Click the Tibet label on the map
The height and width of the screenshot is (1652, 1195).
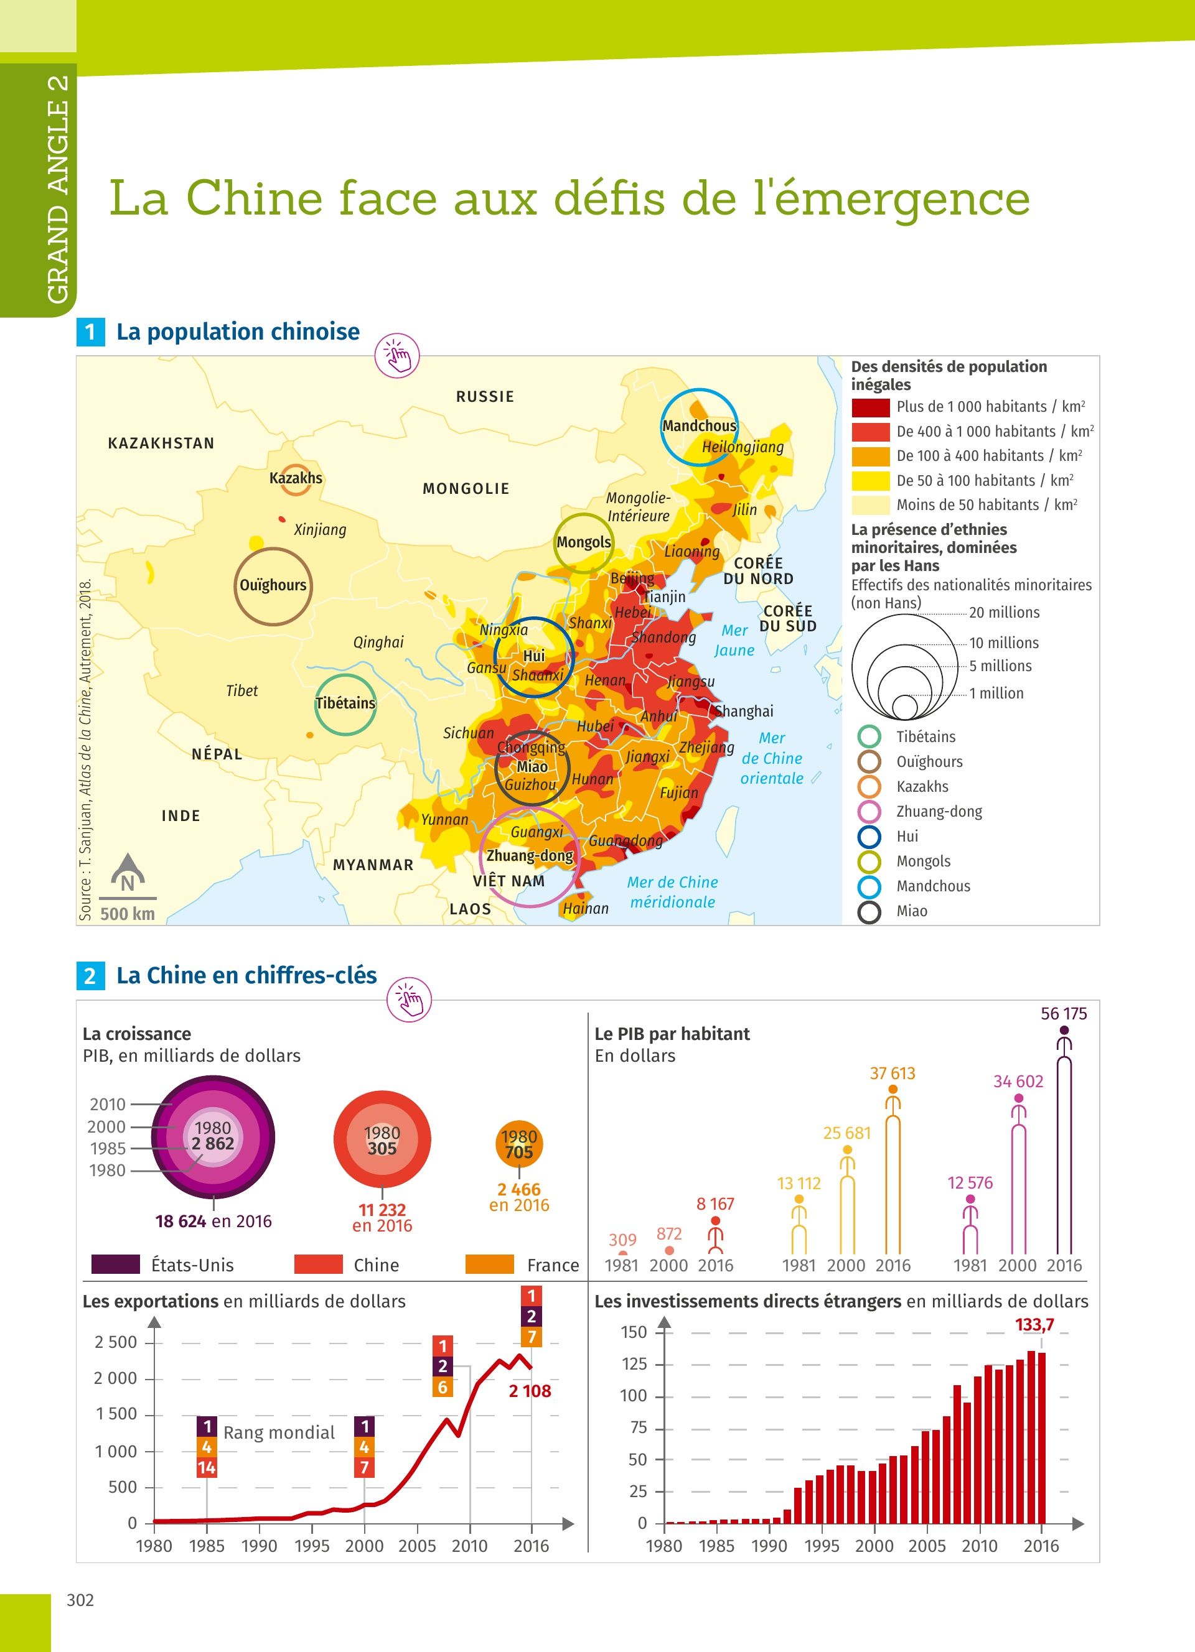pos(242,690)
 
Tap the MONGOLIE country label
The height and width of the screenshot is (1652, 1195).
pos(466,489)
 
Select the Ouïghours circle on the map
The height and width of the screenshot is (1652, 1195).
pos(273,586)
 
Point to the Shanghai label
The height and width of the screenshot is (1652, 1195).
pos(744,711)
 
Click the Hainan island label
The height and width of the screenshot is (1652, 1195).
pos(585,908)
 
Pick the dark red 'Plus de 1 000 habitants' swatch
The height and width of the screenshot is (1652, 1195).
pos(871,407)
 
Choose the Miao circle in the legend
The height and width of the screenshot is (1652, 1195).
pos(870,912)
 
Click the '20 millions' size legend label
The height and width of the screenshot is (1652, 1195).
pos(1003,613)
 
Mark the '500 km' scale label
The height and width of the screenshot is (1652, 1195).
pos(128,914)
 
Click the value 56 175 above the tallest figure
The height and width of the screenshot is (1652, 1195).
pos(1063,1013)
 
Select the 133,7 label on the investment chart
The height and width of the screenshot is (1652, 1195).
pos(1034,1324)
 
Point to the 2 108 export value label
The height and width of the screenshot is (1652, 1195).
pos(530,1391)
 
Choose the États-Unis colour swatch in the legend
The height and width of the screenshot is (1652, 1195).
pos(115,1265)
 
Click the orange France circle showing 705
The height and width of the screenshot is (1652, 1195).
pos(519,1144)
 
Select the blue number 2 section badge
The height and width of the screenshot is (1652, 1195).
pos(90,975)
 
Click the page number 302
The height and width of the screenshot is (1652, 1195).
pos(80,1600)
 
